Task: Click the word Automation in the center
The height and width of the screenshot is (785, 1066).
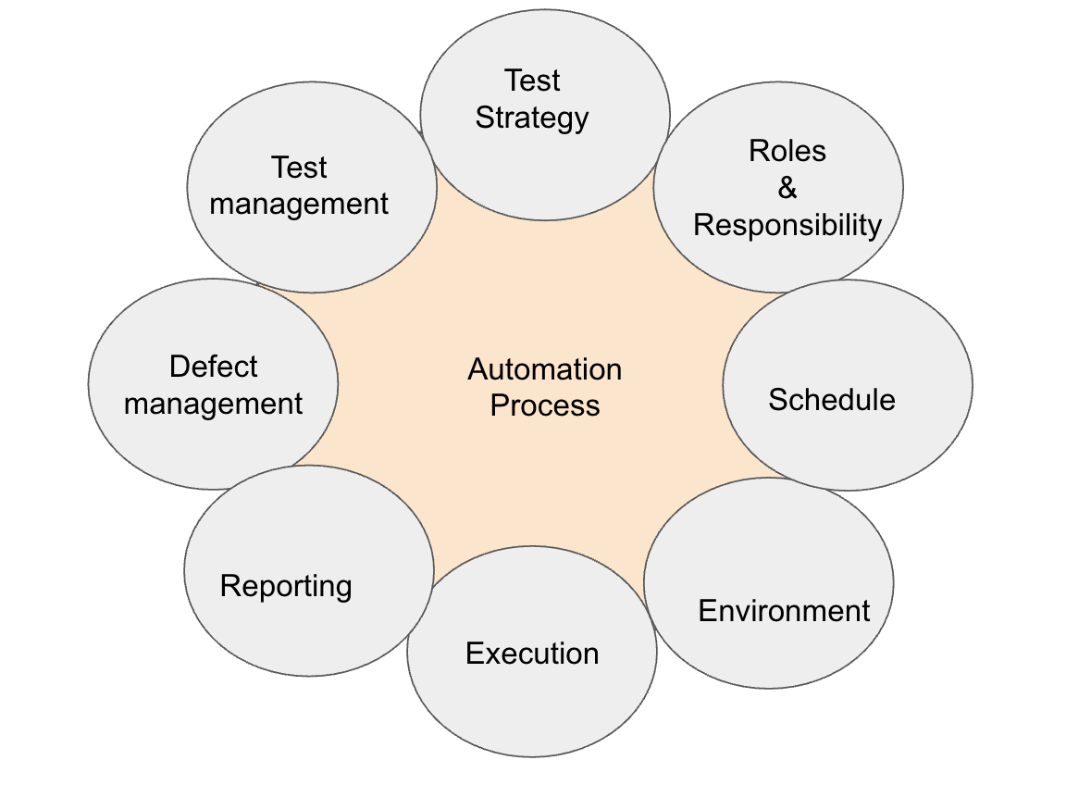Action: pyautogui.click(x=544, y=369)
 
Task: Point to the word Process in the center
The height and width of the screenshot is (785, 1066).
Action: pyautogui.click(x=545, y=405)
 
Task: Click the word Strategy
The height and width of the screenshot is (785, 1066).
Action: pyautogui.click(x=532, y=118)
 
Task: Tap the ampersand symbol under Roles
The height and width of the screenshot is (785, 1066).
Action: pyautogui.click(x=787, y=188)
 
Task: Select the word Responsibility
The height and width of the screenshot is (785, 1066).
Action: pyautogui.click(x=787, y=225)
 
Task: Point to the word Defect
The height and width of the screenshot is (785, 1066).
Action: pyautogui.click(x=214, y=367)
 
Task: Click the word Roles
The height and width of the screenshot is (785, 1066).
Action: pyautogui.click(x=787, y=151)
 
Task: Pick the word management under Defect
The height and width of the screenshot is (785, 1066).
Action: pyautogui.click(x=214, y=405)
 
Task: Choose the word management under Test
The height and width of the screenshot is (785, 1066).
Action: pyautogui.click(x=299, y=204)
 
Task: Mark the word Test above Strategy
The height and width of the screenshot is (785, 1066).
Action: pyautogui.click(x=533, y=81)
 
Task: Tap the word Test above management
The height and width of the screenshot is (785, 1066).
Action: pyautogui.click(x=299, y=168)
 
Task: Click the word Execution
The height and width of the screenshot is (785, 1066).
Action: pyautogui.click(x=532, y=654)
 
